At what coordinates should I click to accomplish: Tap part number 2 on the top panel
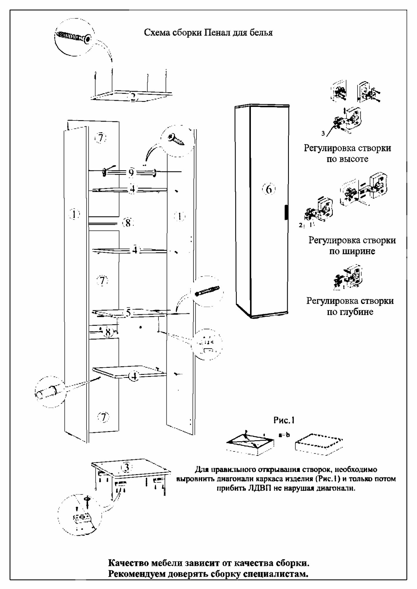click(133, 97)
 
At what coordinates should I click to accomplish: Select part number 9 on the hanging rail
click(131, 173)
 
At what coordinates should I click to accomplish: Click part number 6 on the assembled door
click(269, 189)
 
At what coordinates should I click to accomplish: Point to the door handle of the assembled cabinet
click(285, 213)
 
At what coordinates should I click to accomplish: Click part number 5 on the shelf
click(128, 312)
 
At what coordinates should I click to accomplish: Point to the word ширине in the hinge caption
click(352, 252)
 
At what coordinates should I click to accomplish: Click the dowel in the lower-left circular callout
click(47, 392)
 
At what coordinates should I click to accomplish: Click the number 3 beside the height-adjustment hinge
click(323, 134)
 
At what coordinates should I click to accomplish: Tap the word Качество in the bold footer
click(128, 563)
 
